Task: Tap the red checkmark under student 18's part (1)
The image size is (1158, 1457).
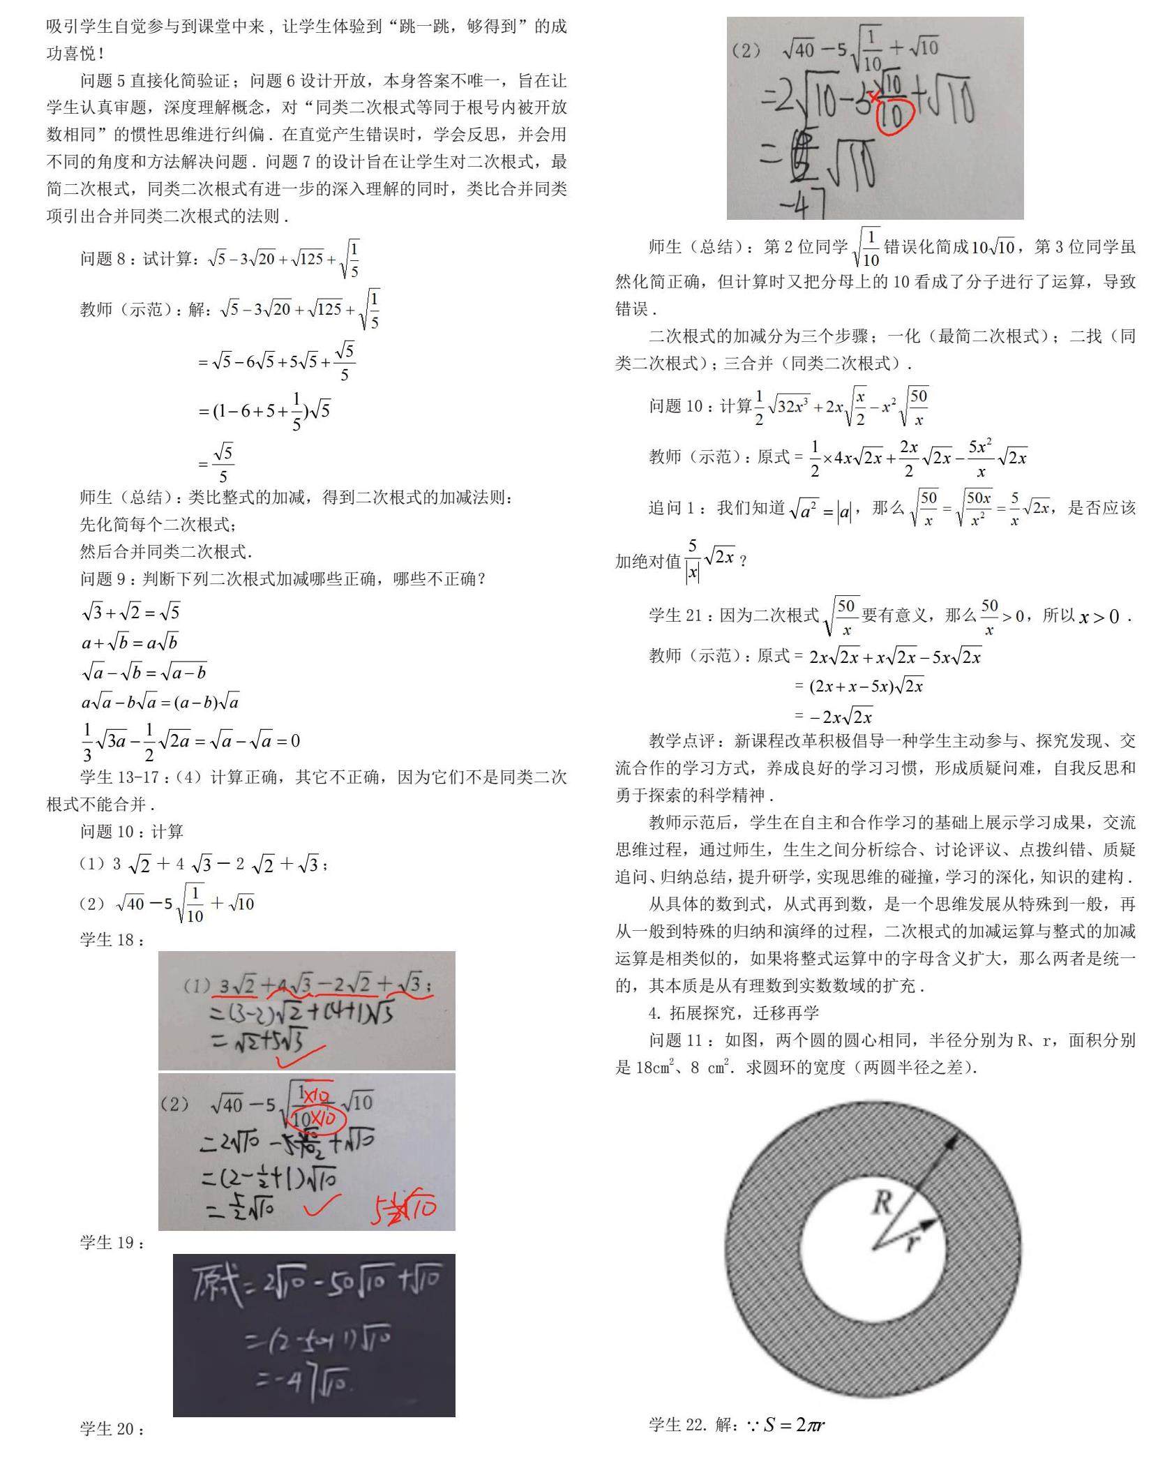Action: click(301, 1056)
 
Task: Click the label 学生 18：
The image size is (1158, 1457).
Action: click(112, 940)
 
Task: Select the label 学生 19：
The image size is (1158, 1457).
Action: click(112, 1243)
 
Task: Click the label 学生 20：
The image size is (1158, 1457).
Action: click(112, 1428)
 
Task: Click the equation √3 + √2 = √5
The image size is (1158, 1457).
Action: click(130, 612)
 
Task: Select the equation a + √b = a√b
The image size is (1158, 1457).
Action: click(130, 642)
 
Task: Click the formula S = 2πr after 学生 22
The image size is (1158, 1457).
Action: click(795, 1424)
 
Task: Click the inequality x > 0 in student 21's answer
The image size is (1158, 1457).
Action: click(1099, 616)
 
